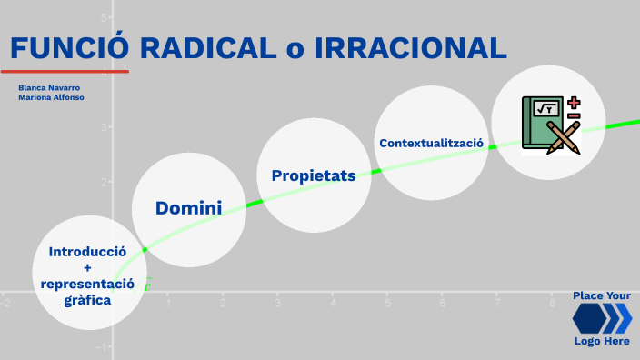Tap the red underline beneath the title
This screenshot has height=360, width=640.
65,71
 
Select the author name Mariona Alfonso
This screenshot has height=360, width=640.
51,96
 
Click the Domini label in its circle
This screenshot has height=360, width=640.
188,208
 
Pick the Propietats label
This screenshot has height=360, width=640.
314,175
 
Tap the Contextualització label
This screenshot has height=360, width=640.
432,143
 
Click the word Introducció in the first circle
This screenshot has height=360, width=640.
87,251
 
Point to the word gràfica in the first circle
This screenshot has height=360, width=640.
87,300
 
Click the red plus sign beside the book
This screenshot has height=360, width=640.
574,103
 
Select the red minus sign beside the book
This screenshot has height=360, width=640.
574,116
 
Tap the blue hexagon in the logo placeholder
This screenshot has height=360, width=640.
592,318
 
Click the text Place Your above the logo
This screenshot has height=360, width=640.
601,295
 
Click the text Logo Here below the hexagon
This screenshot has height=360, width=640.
601,341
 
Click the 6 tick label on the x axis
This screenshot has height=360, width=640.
443,303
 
